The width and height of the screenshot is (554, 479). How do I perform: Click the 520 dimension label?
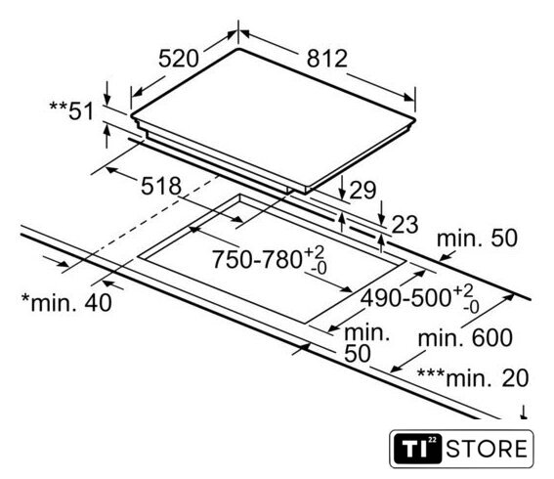179,59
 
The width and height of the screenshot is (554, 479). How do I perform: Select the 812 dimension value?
327,59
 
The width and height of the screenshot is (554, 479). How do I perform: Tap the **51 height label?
71,110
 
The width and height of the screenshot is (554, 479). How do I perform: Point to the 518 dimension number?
161,186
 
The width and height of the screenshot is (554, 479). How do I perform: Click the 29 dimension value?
362,191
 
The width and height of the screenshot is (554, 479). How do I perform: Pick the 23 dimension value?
405,224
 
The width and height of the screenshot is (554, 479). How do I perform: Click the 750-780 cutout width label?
257,259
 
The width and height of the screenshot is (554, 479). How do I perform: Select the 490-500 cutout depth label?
405,297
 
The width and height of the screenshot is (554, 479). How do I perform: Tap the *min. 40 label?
66,303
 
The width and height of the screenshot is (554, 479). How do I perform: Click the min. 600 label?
465,338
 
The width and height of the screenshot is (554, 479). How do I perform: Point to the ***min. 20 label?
473,377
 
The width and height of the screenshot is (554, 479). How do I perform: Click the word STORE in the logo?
487,449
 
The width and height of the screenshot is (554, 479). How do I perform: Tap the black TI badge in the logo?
417,449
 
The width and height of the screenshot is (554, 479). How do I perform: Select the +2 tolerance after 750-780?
314,253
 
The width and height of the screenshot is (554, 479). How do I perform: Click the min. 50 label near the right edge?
477,239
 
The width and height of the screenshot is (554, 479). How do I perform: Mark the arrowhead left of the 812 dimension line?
245,34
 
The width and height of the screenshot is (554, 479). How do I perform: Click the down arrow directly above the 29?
342,188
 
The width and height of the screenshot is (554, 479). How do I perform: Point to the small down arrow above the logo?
524,413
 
